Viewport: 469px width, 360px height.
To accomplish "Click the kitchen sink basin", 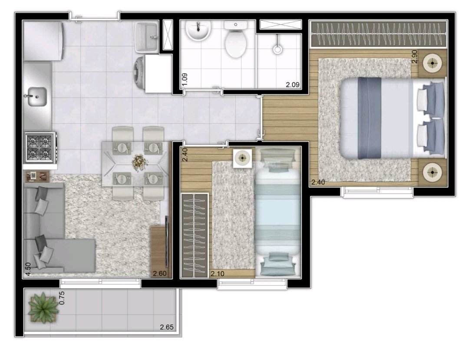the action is [37, 96].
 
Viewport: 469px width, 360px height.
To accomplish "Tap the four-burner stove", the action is [40, 148].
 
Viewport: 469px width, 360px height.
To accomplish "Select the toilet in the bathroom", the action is [236, 39].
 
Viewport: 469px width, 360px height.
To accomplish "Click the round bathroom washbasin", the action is [198, 30].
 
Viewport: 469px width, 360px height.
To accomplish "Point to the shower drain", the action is [277, 49].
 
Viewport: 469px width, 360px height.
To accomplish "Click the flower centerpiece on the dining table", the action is [140, 162].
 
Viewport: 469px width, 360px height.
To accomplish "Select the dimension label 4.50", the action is [28, 269].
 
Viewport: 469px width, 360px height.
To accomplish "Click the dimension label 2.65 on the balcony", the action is [167, 327].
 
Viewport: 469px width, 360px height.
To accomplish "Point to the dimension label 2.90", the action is [414, 56].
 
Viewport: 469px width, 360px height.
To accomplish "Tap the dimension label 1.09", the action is [185, 79].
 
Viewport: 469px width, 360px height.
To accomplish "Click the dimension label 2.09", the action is [293, 85].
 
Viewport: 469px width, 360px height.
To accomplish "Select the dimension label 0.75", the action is [62, 298].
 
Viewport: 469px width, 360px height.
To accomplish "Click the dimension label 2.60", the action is [159, 273].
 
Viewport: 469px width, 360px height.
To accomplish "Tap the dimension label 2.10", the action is [218, 274].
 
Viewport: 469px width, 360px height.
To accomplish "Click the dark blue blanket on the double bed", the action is [370, 118].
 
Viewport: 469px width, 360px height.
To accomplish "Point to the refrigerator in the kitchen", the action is [43, 41].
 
